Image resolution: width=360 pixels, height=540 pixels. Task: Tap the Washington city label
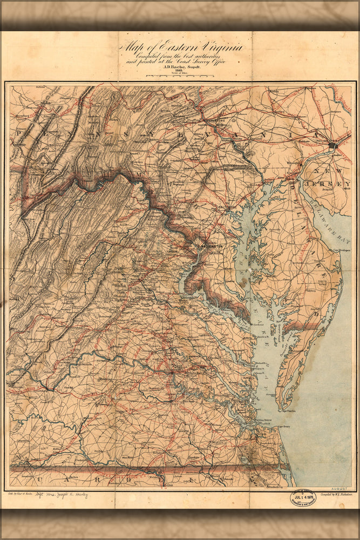(211, 245)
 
